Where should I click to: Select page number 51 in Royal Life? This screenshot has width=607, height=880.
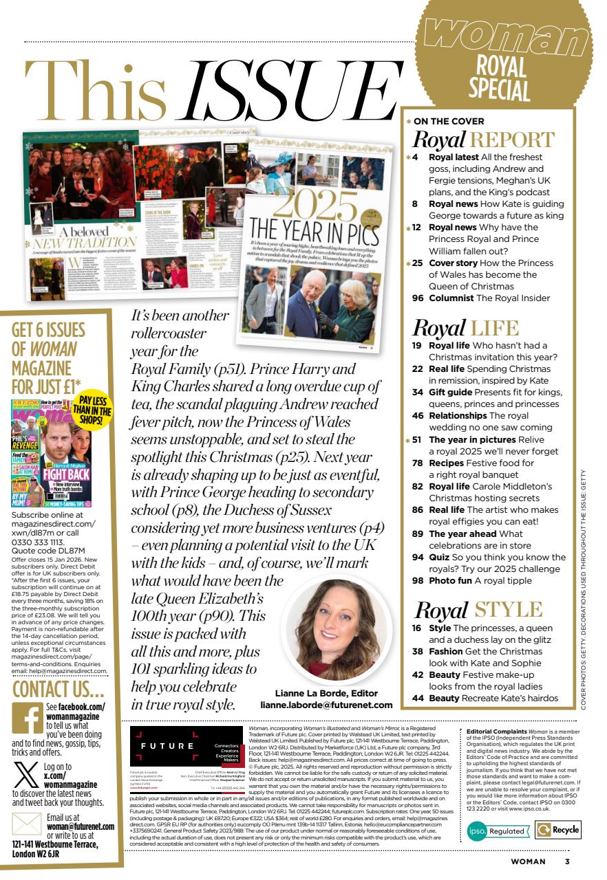(x=418, y=439)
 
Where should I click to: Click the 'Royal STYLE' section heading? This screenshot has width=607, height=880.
(x=479, y=609)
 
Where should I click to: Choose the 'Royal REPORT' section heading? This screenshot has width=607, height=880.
(x=483, y=140)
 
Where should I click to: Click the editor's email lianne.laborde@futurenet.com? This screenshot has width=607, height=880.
(x=326, y=705)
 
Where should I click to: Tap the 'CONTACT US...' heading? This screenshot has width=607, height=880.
(x=59, y=689)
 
